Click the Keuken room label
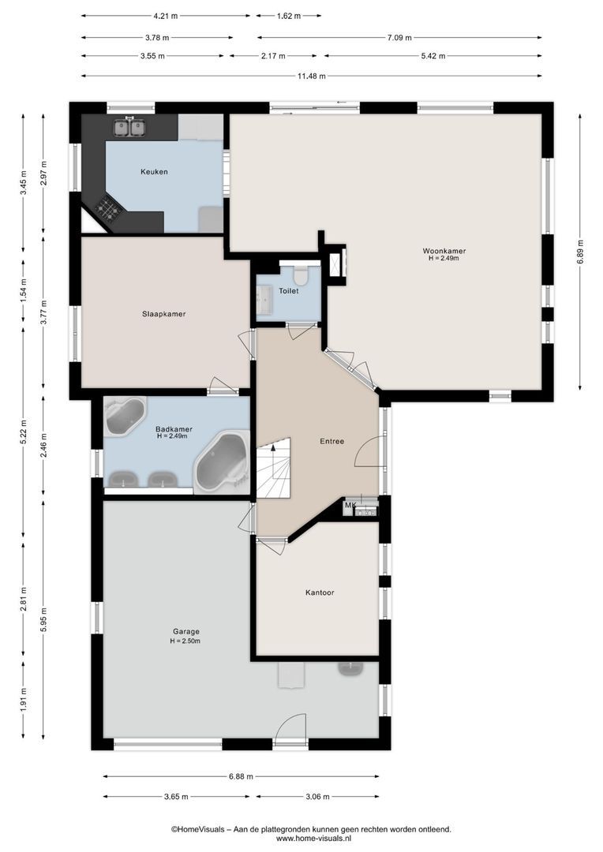154,172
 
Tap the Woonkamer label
444,251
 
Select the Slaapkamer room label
163,314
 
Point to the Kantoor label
320,592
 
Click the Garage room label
186,631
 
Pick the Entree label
331,441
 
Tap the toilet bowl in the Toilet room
300,275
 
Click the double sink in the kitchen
130,127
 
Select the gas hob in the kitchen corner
107,207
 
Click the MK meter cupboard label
350,506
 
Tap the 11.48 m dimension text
311,76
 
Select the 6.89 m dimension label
580,252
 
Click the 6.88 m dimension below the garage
241,776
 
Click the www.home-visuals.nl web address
311,839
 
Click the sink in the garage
350,668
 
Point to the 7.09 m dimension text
399,38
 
